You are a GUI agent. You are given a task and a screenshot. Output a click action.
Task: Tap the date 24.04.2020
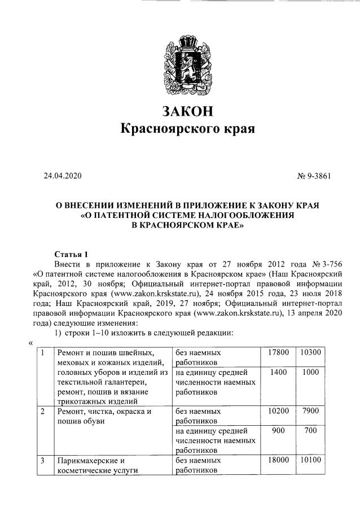(x=63, y=176)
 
